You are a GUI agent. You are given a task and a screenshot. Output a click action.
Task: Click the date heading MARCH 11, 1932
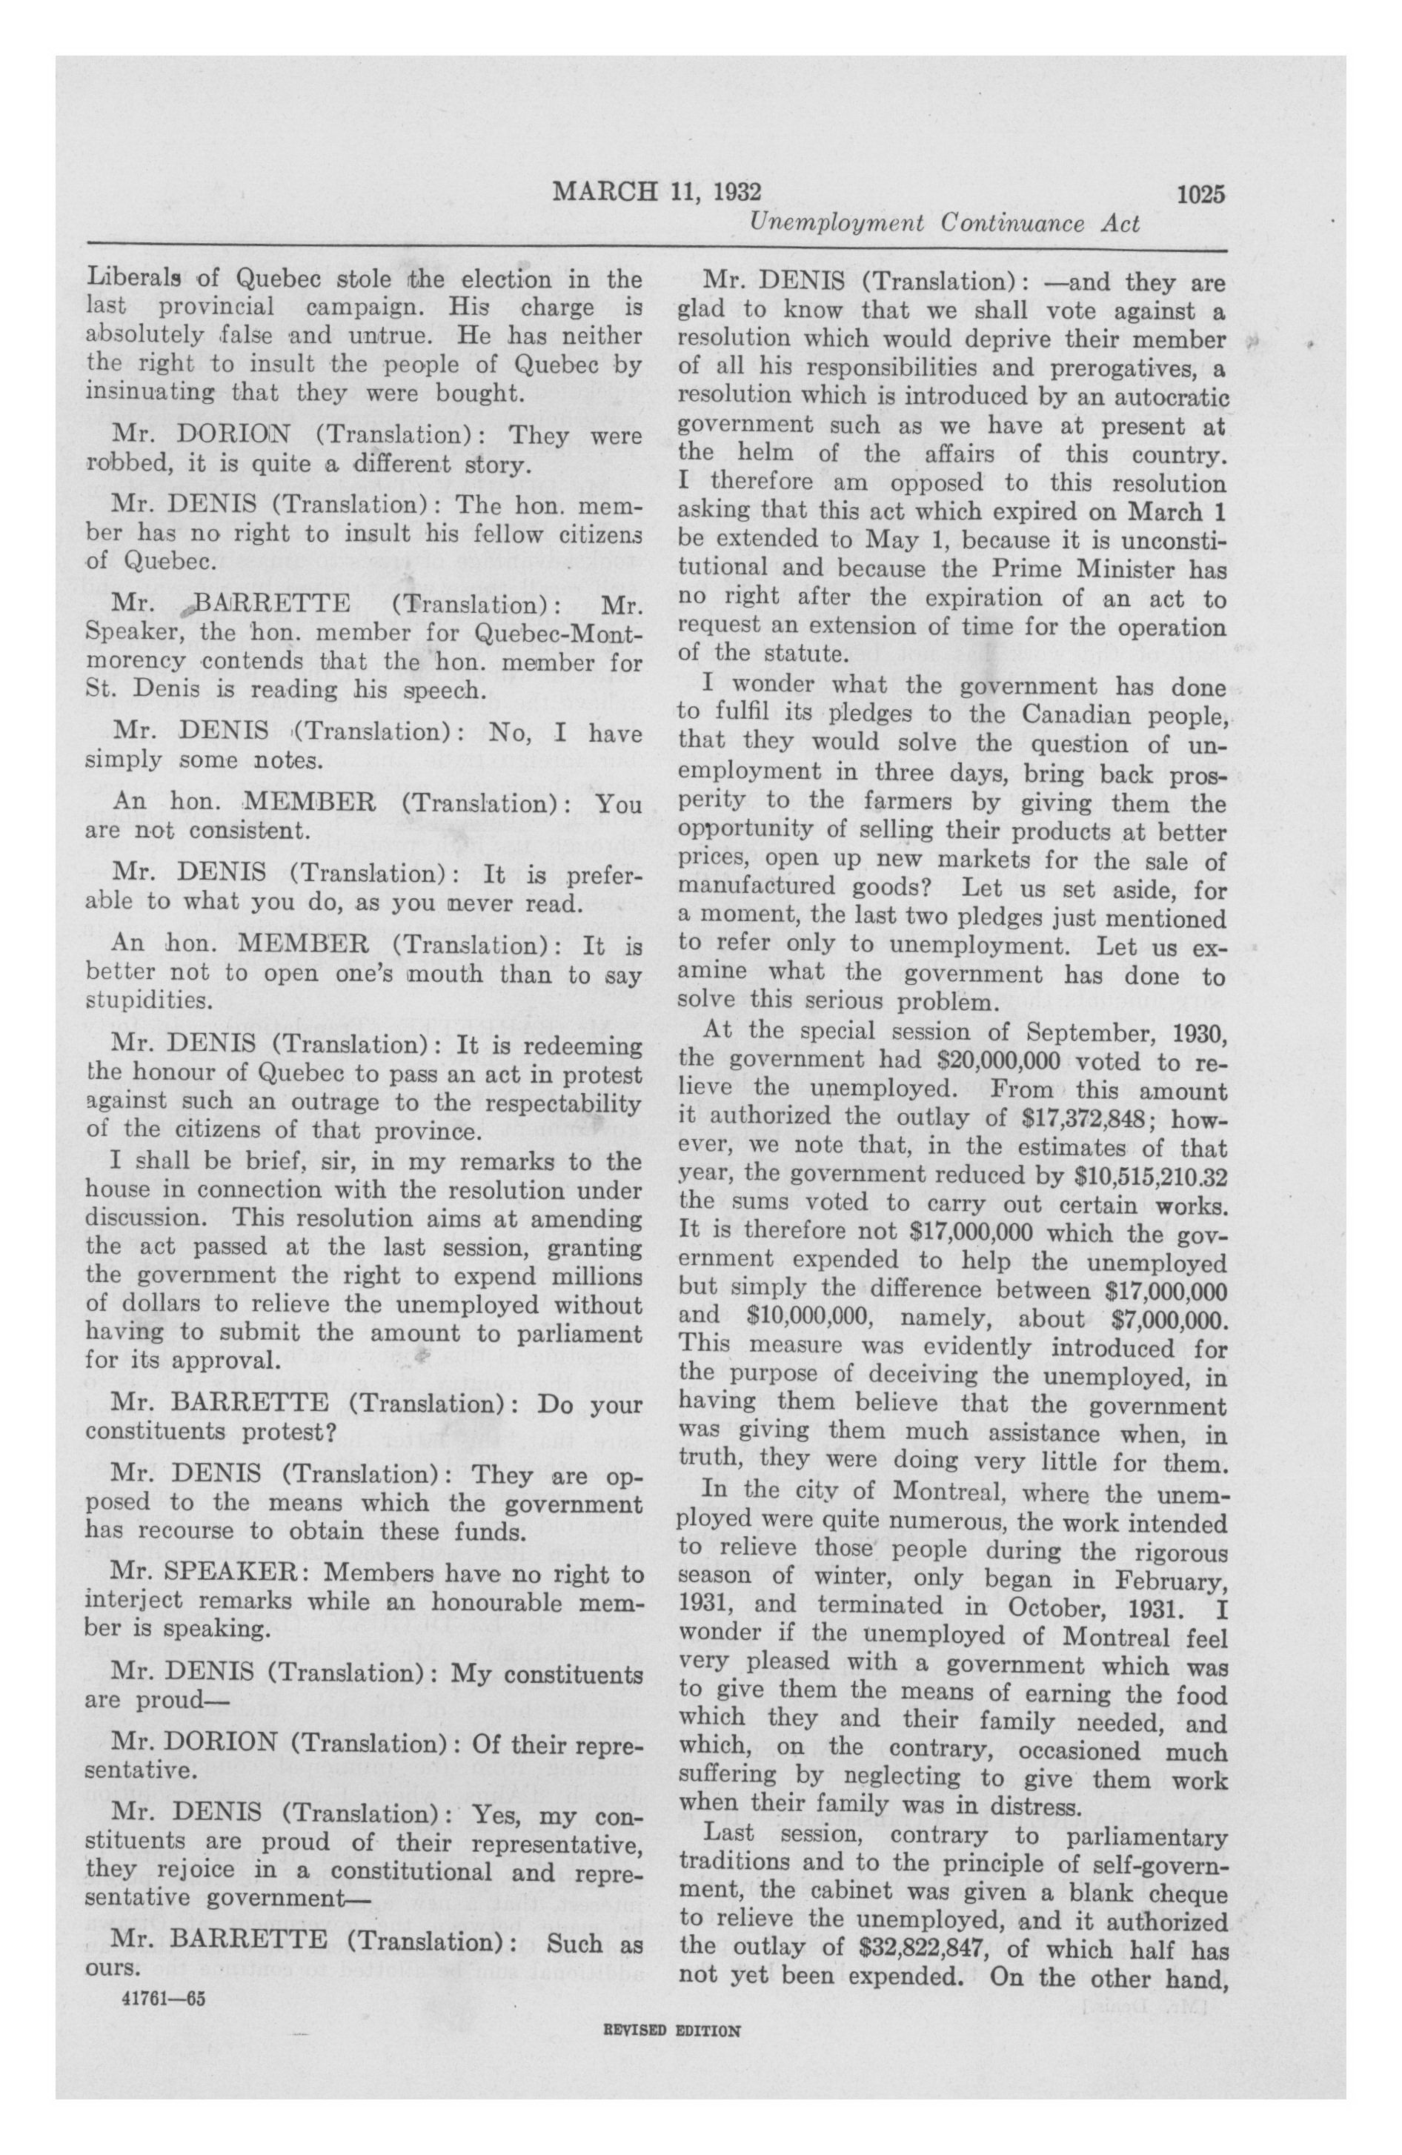(x=657, y=192)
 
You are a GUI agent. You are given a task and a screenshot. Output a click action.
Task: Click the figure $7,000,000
(x=1174, y=1318)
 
